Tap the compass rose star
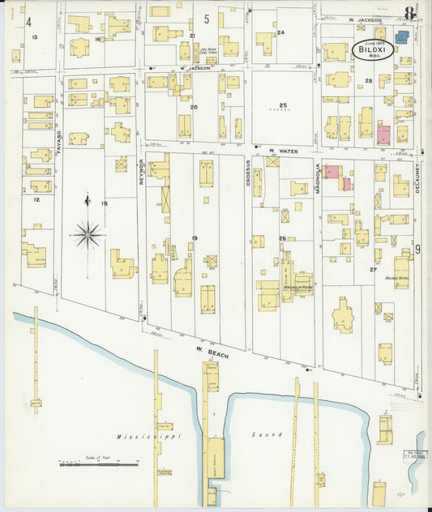point(87,235)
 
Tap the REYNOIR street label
point(140,171)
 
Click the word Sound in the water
point(271,434)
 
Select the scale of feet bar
point(98,464)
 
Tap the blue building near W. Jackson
point(402,36)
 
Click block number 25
point(283,105)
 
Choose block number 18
point(104,203)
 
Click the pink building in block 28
point(383,134)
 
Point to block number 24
point(281,32)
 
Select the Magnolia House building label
point(297,287)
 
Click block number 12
point(36,198)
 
